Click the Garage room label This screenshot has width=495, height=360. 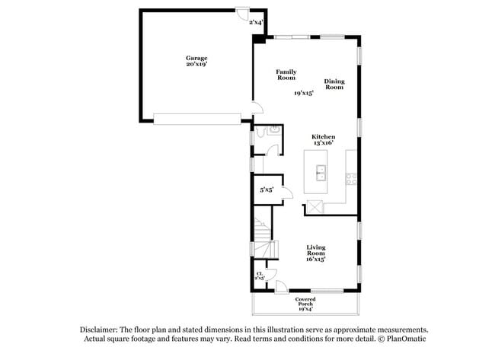196,58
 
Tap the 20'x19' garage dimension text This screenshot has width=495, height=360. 196,65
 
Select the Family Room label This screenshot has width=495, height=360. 286,75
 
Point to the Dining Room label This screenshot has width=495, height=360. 334,84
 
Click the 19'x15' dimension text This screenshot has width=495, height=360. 304,94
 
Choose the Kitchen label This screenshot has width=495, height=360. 323,137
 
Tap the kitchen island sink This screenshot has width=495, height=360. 321,172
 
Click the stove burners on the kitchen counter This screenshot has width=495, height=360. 352,180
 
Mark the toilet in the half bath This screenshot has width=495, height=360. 261,132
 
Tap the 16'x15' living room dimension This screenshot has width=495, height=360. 316,260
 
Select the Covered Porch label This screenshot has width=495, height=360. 305,302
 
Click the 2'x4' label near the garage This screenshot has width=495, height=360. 256,23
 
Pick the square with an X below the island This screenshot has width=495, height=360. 313,207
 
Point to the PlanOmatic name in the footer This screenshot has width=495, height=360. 401,339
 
